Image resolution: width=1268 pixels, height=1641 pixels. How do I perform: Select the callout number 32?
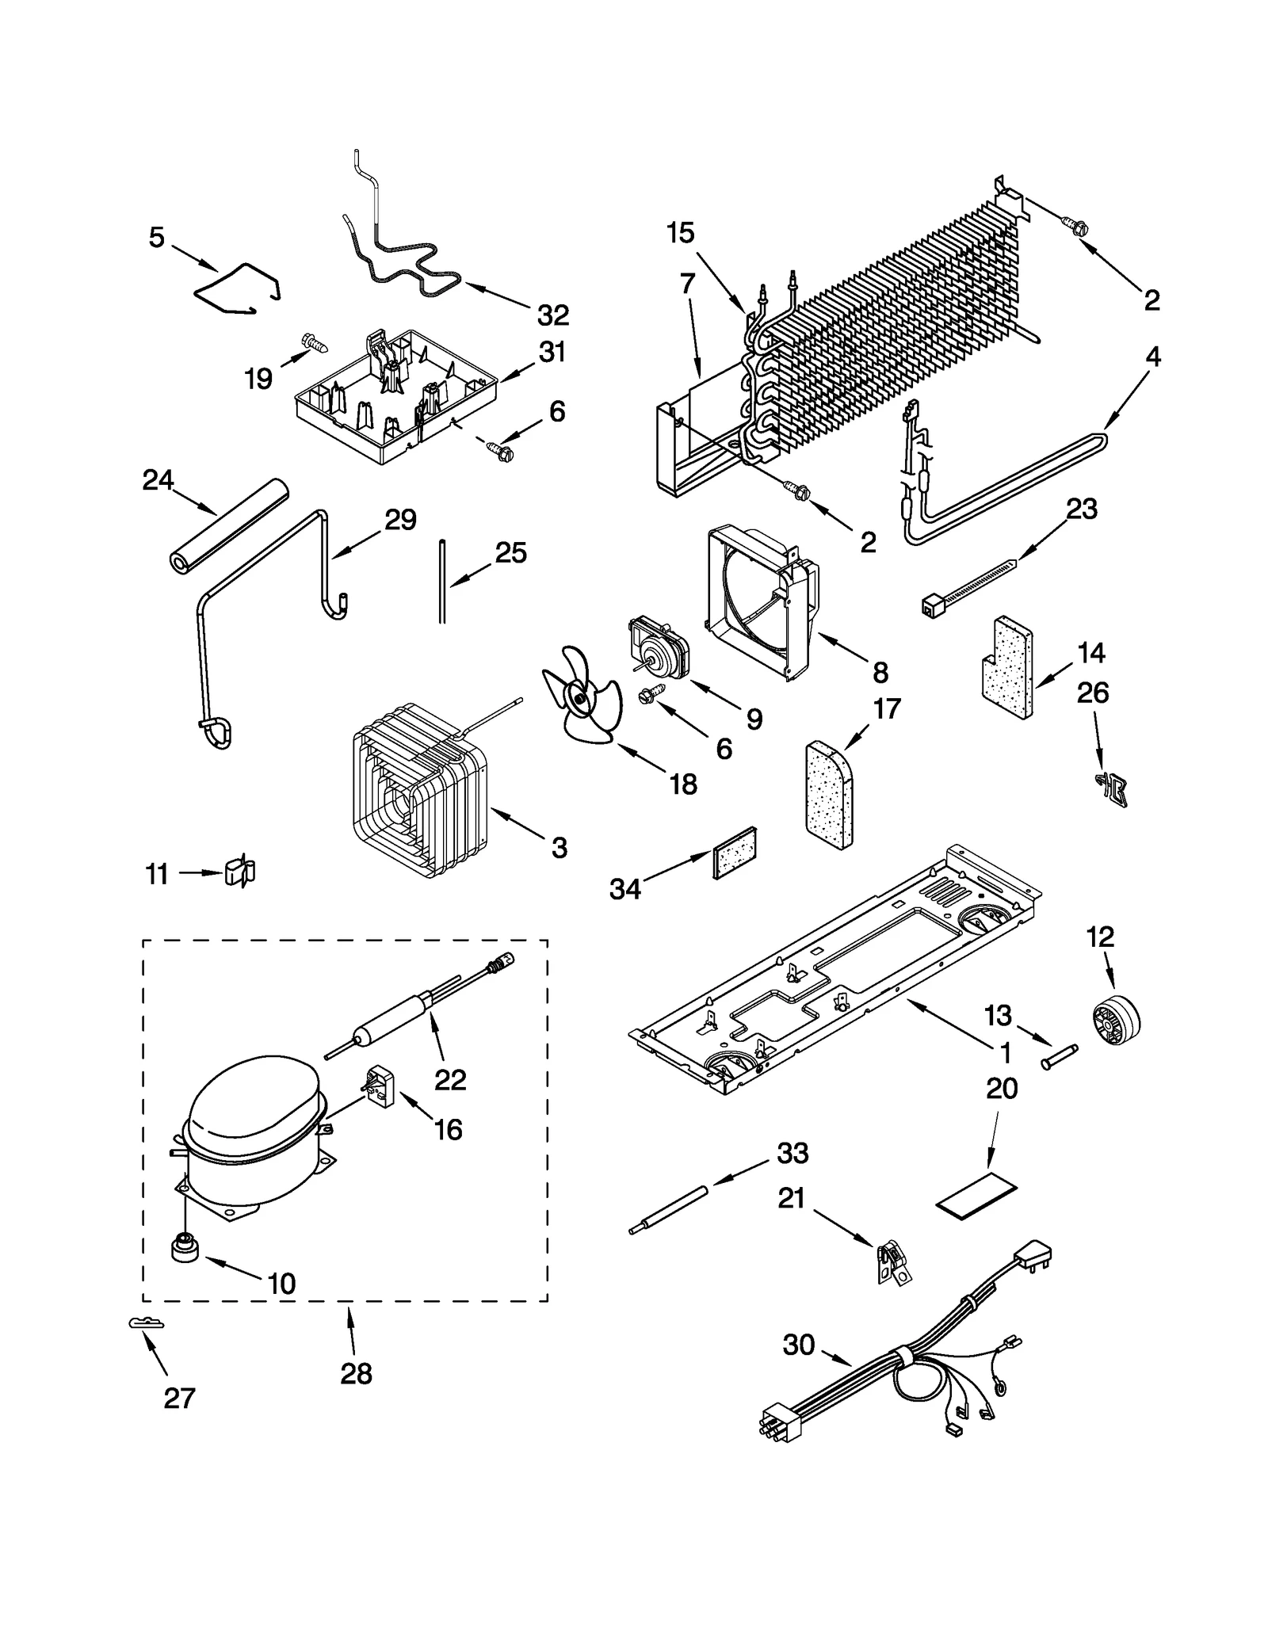(x=552, y=315)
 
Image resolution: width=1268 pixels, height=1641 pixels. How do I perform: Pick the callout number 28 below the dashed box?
(x=356, y=1373)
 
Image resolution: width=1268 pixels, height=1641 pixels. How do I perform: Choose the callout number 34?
(x=624, y=889)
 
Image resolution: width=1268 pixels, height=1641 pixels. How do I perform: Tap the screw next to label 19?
(x=315, y=343)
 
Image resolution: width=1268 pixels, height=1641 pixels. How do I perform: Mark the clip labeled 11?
(x=239, y=872)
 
